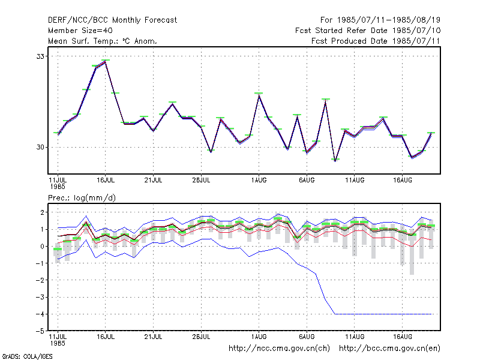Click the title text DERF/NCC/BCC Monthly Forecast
coord(112,20)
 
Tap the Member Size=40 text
coord(80,31)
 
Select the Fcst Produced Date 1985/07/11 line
coord(376,41)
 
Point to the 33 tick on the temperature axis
coord(40,56)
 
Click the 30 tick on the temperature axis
coord(40,147)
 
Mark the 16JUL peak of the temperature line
coord(106,62)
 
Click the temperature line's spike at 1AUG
coord(259,95)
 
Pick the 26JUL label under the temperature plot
coord(201,181)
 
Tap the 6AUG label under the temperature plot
coord(307,181)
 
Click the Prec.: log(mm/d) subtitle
coord(82,198)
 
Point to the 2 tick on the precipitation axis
coord(42,212)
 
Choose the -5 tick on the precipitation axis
coord(40,331)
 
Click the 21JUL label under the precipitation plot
coord(153,337)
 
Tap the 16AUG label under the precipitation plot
coord(403,337)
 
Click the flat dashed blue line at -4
coord(383,314)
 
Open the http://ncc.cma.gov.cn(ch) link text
coord(279,349)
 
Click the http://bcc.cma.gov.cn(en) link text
coord(389,349)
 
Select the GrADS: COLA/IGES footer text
coord(27,356)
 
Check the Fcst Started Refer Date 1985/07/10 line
coord(368,31)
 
